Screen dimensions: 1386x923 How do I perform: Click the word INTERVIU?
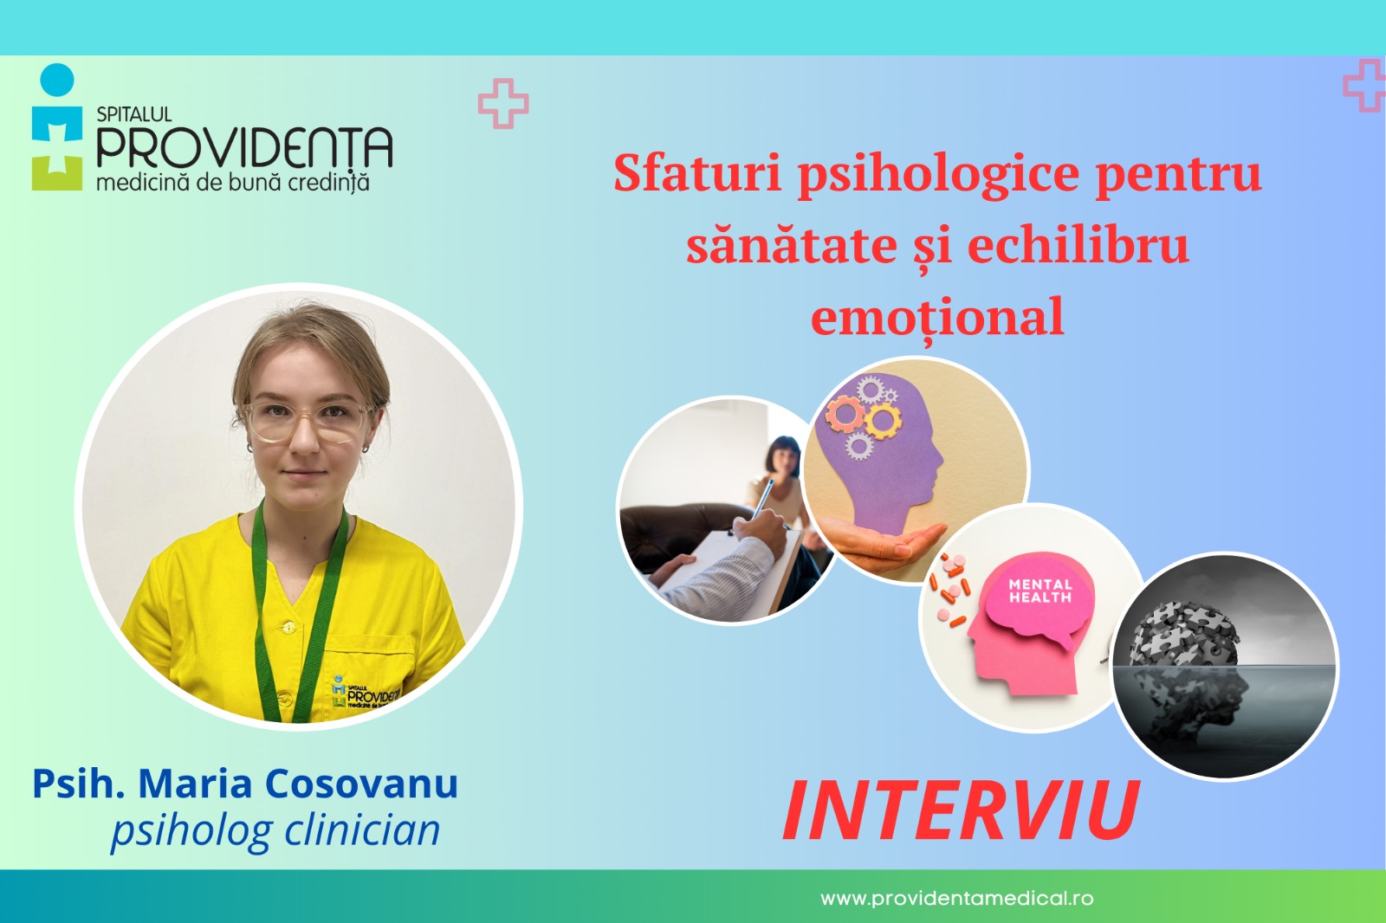click(x=961, y=810)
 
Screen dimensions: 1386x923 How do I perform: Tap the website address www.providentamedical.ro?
click(x=956, y=898)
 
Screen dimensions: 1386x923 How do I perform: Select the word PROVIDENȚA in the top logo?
click(x=244, y=147)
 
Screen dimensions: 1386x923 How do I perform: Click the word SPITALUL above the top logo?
click(x=134, y=114)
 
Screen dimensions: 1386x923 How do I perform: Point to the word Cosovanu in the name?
click(x=362, y=784)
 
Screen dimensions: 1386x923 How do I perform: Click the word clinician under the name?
click(x=362, y=829)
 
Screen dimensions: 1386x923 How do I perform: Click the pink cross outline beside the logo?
click(x=503, y=103)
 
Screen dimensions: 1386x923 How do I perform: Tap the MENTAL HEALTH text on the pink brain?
click(x=1040, y=591)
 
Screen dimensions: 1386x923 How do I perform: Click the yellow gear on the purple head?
click(x=883, y=420)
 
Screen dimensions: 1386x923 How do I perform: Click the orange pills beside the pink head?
click(x=949, y=587)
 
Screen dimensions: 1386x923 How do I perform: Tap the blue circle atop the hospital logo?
click(x=57, y=80)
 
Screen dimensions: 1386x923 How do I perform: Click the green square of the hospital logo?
click(x=57, y=173)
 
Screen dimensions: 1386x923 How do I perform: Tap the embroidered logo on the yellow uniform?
click(x=366, y=693)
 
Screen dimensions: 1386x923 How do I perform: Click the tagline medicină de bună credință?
click(x=233, y=183)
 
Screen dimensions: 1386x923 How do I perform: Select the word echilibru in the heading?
click(x=1078, y=245)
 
